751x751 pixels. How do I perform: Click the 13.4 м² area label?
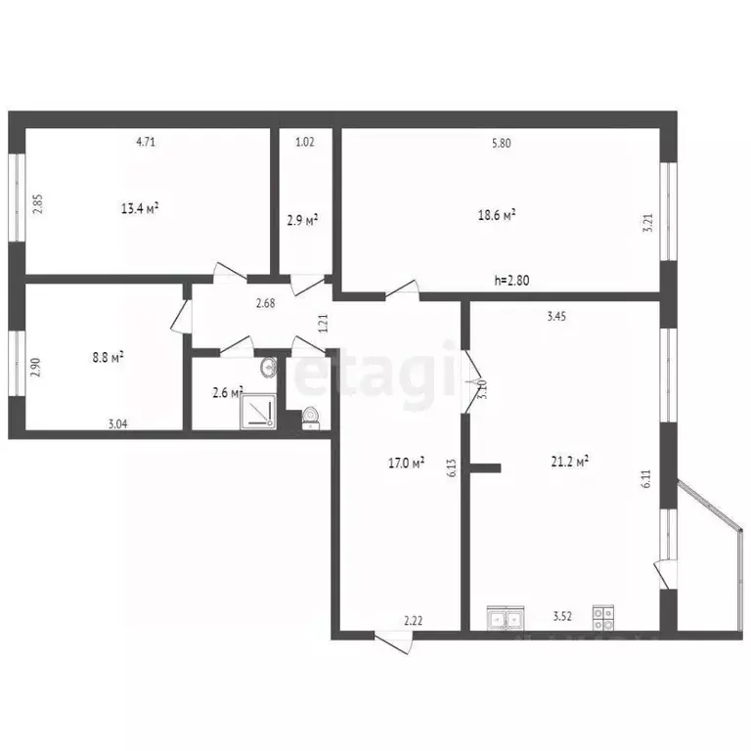pyautogui.click(x=140, y=207)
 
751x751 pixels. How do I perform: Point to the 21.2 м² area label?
pyautogui.click(x=569, y=463)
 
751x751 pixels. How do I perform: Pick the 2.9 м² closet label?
pyautogui.click(x=302, y=221)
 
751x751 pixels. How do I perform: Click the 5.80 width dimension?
pyautogui.click(x=501, y=143)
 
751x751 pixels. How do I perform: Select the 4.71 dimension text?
pyautogui.click(x=146, y=142)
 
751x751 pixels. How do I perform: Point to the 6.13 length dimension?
pyautogui.click(x=452, y=468)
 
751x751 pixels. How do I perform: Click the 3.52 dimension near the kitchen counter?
pyautogui.click(x=561, y=617)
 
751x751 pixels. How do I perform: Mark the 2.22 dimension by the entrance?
pyautogui.click(x=414, y=619)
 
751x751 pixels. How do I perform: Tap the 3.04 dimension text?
pyautogui.click(x=117, y=423)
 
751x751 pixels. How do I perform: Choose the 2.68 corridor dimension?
pyautogui.click(x=265, y=304)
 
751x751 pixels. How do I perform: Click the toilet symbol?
pyautogui.click(x=311, y=418)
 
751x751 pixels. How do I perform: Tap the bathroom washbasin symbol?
pyautogui.click(x=269, y=369)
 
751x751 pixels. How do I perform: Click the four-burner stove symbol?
pyautogui.click(x=603, y=618)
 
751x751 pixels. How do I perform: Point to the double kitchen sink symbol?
pyautogui.click(x=505, y=618)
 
